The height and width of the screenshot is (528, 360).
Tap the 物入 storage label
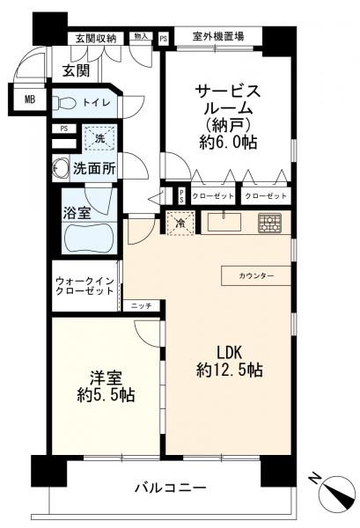click(141, 37)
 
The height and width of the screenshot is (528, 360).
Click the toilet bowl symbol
click(66, 102)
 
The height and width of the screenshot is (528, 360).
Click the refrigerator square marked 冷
click(180, 224)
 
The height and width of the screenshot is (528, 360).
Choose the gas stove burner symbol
click(270, 223)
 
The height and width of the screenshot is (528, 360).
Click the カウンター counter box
click(256, 276)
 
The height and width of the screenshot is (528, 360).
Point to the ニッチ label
click(142, 305)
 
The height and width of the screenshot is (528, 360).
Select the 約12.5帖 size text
click(229, 368)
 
